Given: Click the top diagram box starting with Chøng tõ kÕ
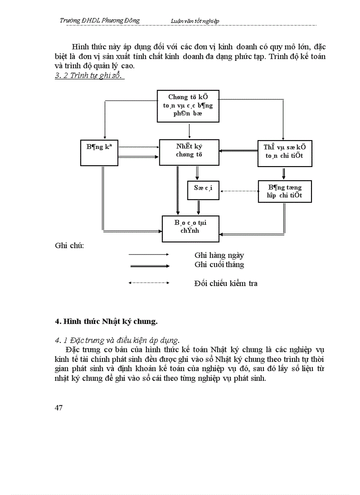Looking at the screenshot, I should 188,106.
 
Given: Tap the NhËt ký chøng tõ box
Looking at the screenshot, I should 189,153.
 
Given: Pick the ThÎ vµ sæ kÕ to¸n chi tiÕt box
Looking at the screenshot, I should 285,153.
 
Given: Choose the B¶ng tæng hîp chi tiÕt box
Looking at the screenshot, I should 285,191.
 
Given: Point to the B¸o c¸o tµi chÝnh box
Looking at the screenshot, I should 190,229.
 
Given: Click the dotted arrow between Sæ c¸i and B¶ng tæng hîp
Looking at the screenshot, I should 239,191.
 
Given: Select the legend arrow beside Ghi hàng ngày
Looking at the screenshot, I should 148,255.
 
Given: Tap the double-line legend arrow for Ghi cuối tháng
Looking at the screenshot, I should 148,266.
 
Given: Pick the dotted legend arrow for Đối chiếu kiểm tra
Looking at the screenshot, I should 148,283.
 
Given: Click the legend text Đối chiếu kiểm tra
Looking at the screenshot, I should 225,283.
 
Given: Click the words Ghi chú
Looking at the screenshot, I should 69,245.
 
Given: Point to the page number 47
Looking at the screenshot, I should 59,407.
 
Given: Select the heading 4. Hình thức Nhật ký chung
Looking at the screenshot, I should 106,321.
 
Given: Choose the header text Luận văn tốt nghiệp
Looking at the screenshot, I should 195,21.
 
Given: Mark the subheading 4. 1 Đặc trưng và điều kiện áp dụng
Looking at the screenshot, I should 117,340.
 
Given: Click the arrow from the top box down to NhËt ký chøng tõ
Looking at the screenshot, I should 189,131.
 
